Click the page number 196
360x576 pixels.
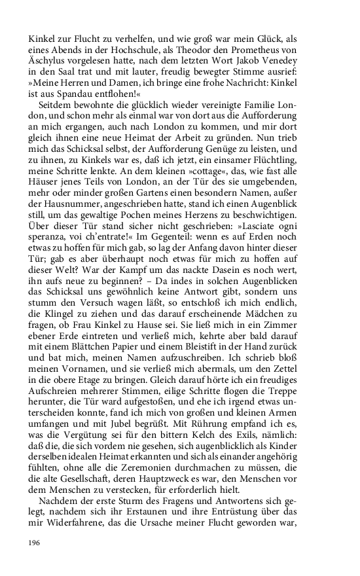tap(35, 543)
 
